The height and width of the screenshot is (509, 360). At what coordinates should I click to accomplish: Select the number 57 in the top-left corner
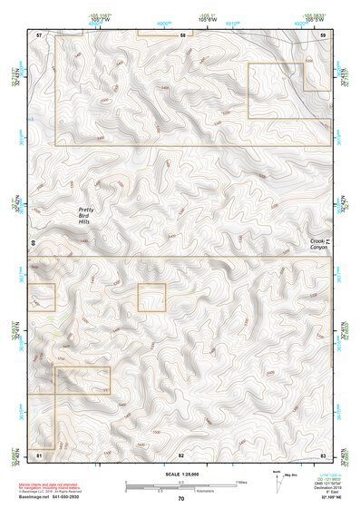(x=39, y=34)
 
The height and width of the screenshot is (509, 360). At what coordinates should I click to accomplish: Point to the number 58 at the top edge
(x=182, y=34)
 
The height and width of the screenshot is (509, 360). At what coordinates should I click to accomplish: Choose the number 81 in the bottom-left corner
(x=39, y=453)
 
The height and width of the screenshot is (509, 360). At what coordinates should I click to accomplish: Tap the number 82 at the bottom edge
(x=181, y=453)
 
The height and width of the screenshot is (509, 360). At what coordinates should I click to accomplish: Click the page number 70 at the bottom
(x=181, y=498)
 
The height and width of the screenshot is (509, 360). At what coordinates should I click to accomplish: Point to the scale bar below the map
(x=181, y=484)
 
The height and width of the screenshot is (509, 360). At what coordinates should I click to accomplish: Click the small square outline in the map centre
(x=152, y=297)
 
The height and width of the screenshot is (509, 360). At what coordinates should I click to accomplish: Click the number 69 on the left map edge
(x=33, y=243)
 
